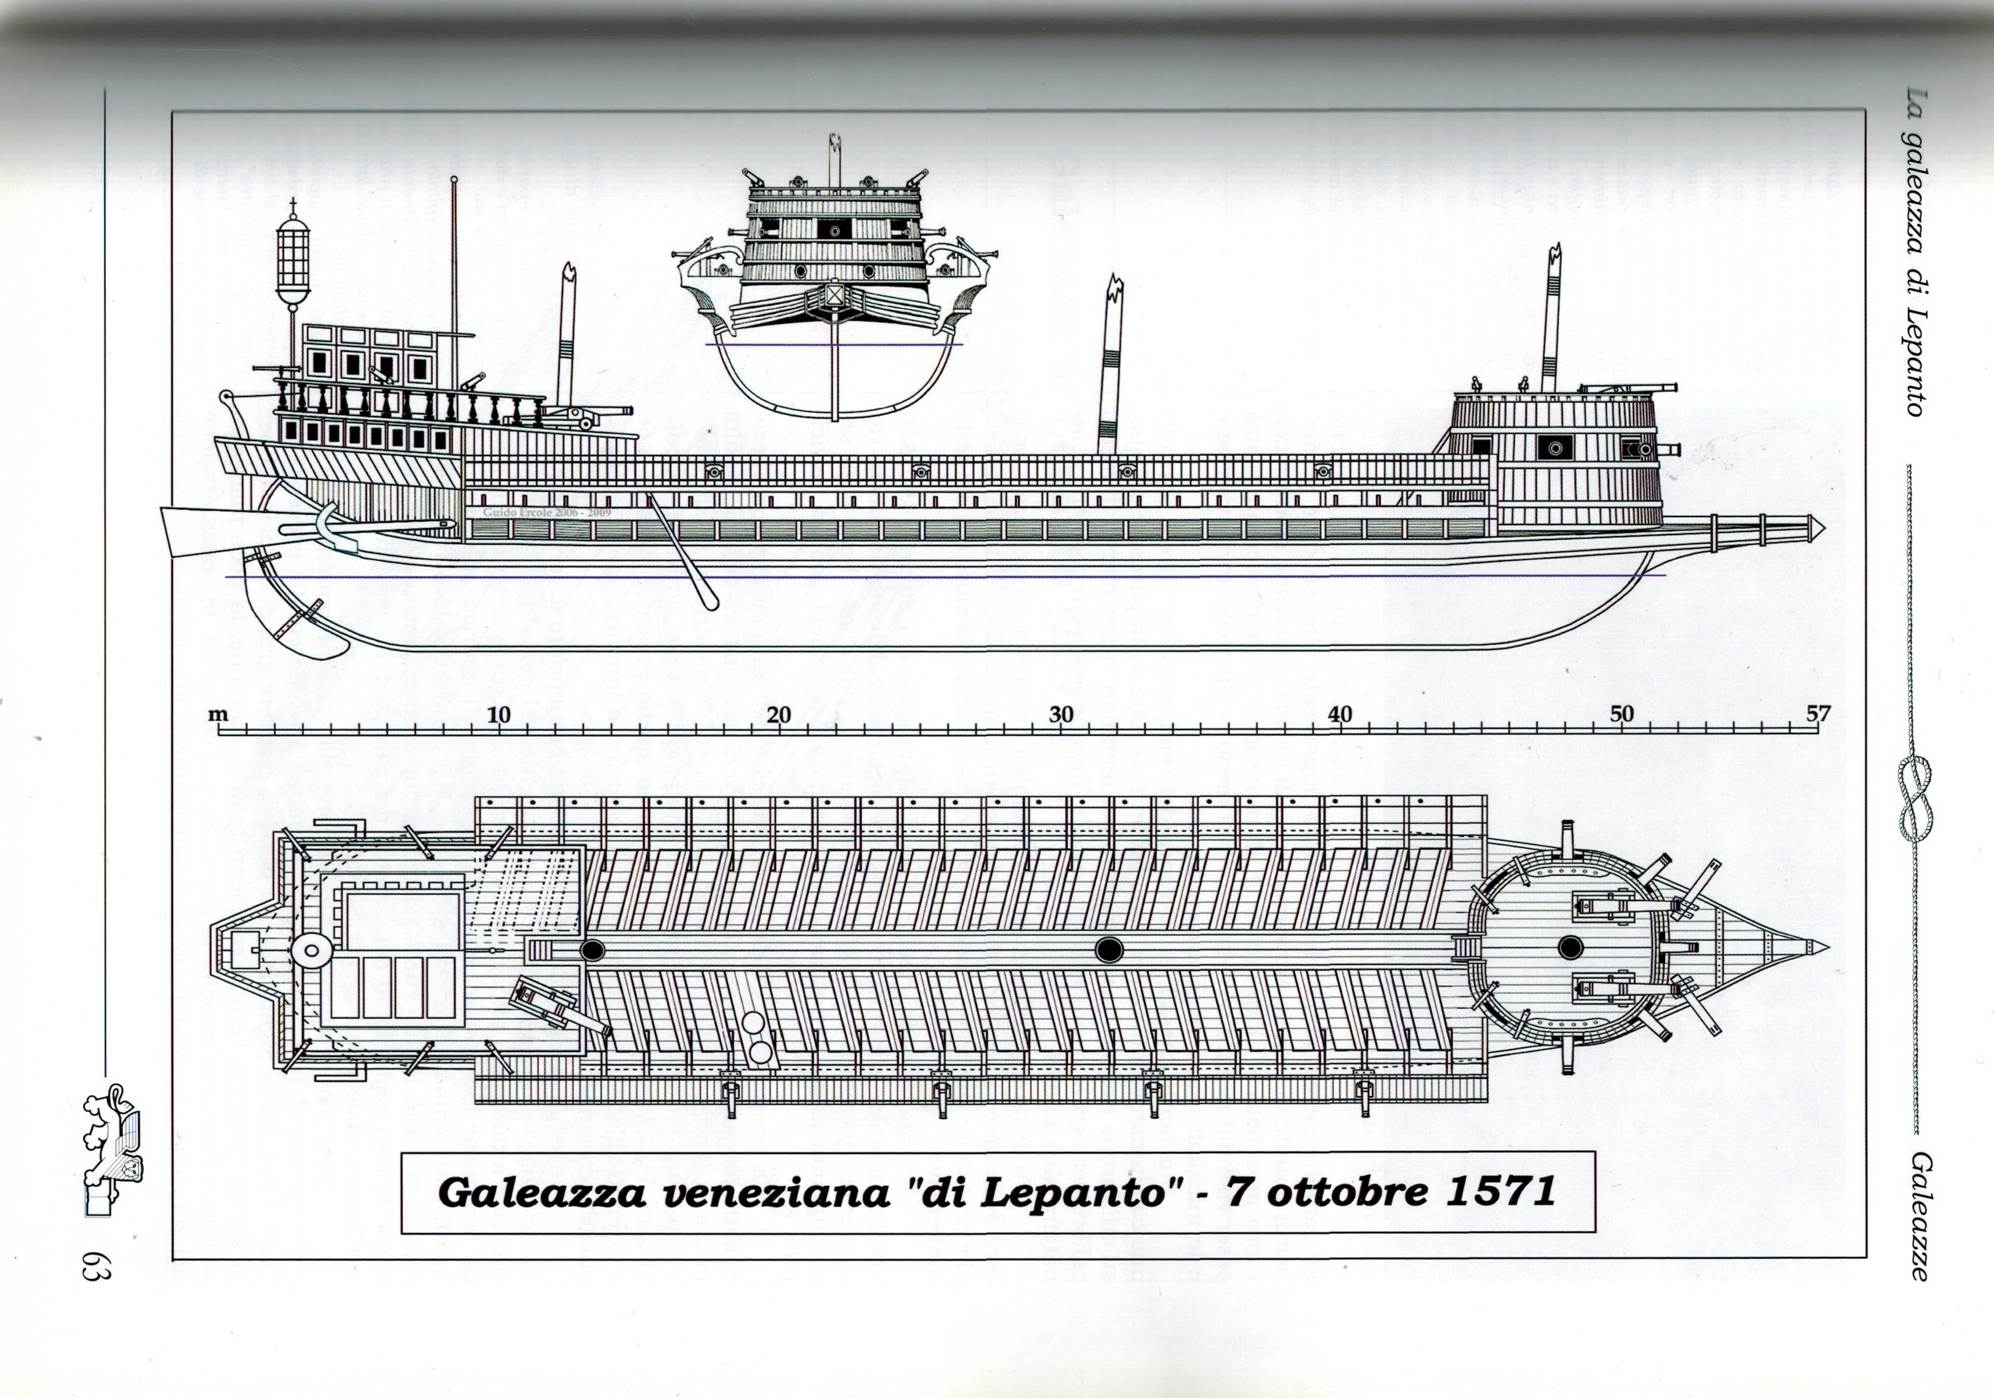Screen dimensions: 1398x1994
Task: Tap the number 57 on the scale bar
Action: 1818,714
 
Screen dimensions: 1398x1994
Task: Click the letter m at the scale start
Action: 218,716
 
